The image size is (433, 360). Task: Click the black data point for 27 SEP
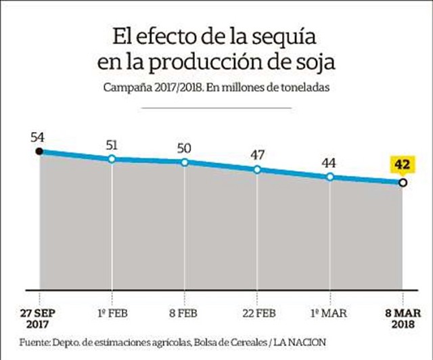tap(39, 151)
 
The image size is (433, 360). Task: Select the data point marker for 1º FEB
tap(112, 159)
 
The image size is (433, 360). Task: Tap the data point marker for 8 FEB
tap(184, 162)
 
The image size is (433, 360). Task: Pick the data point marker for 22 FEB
tap(257, 169)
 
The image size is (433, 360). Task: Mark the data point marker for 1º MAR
tap(330, 177)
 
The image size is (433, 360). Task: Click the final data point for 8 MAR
tap(403, 183)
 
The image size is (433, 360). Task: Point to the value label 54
tap(38, 137)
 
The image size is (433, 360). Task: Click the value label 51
tap(112, 144)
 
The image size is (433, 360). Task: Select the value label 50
tap(185, 148)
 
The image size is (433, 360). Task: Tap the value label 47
tap(257, 154)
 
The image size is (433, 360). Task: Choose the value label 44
tap(330, 162)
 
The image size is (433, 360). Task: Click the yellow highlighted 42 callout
tap(402, 164)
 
